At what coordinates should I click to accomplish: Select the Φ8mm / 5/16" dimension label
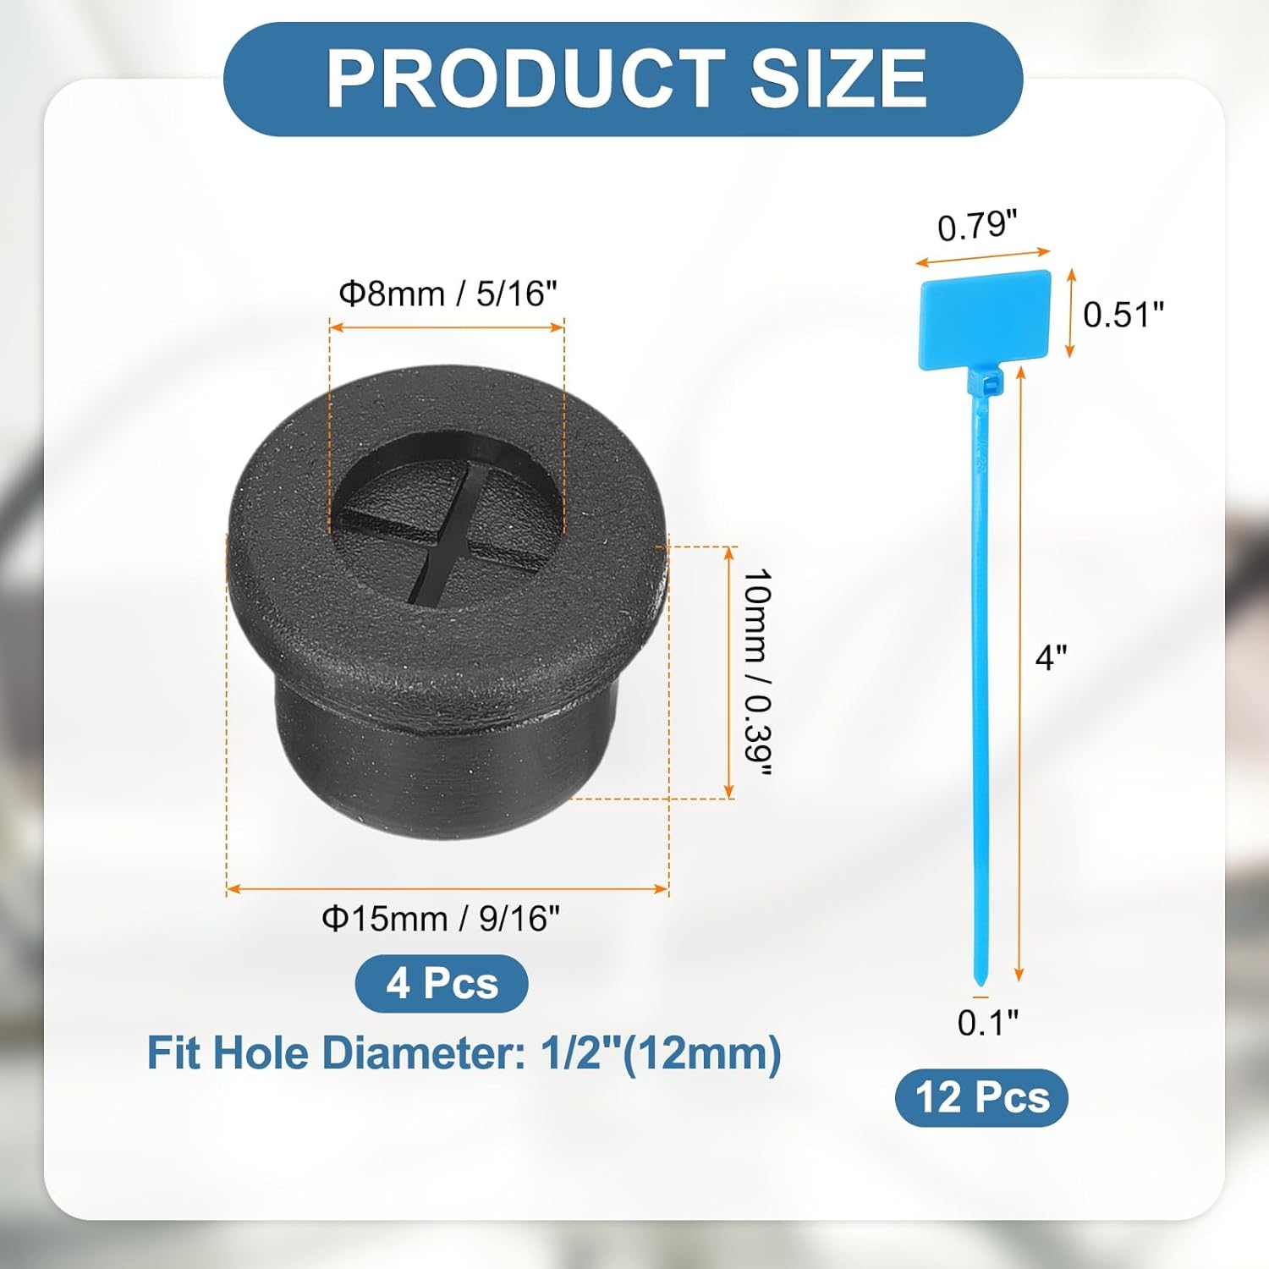[448, 294]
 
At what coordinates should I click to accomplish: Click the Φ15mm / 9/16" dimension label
[441, 918]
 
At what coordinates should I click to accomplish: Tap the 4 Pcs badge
[442, 983]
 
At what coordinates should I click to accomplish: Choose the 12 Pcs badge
[981, 1097]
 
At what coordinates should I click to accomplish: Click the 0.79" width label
[977, 226]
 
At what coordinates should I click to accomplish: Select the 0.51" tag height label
[1123, 315]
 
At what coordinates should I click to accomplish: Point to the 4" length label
[1051, 656]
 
